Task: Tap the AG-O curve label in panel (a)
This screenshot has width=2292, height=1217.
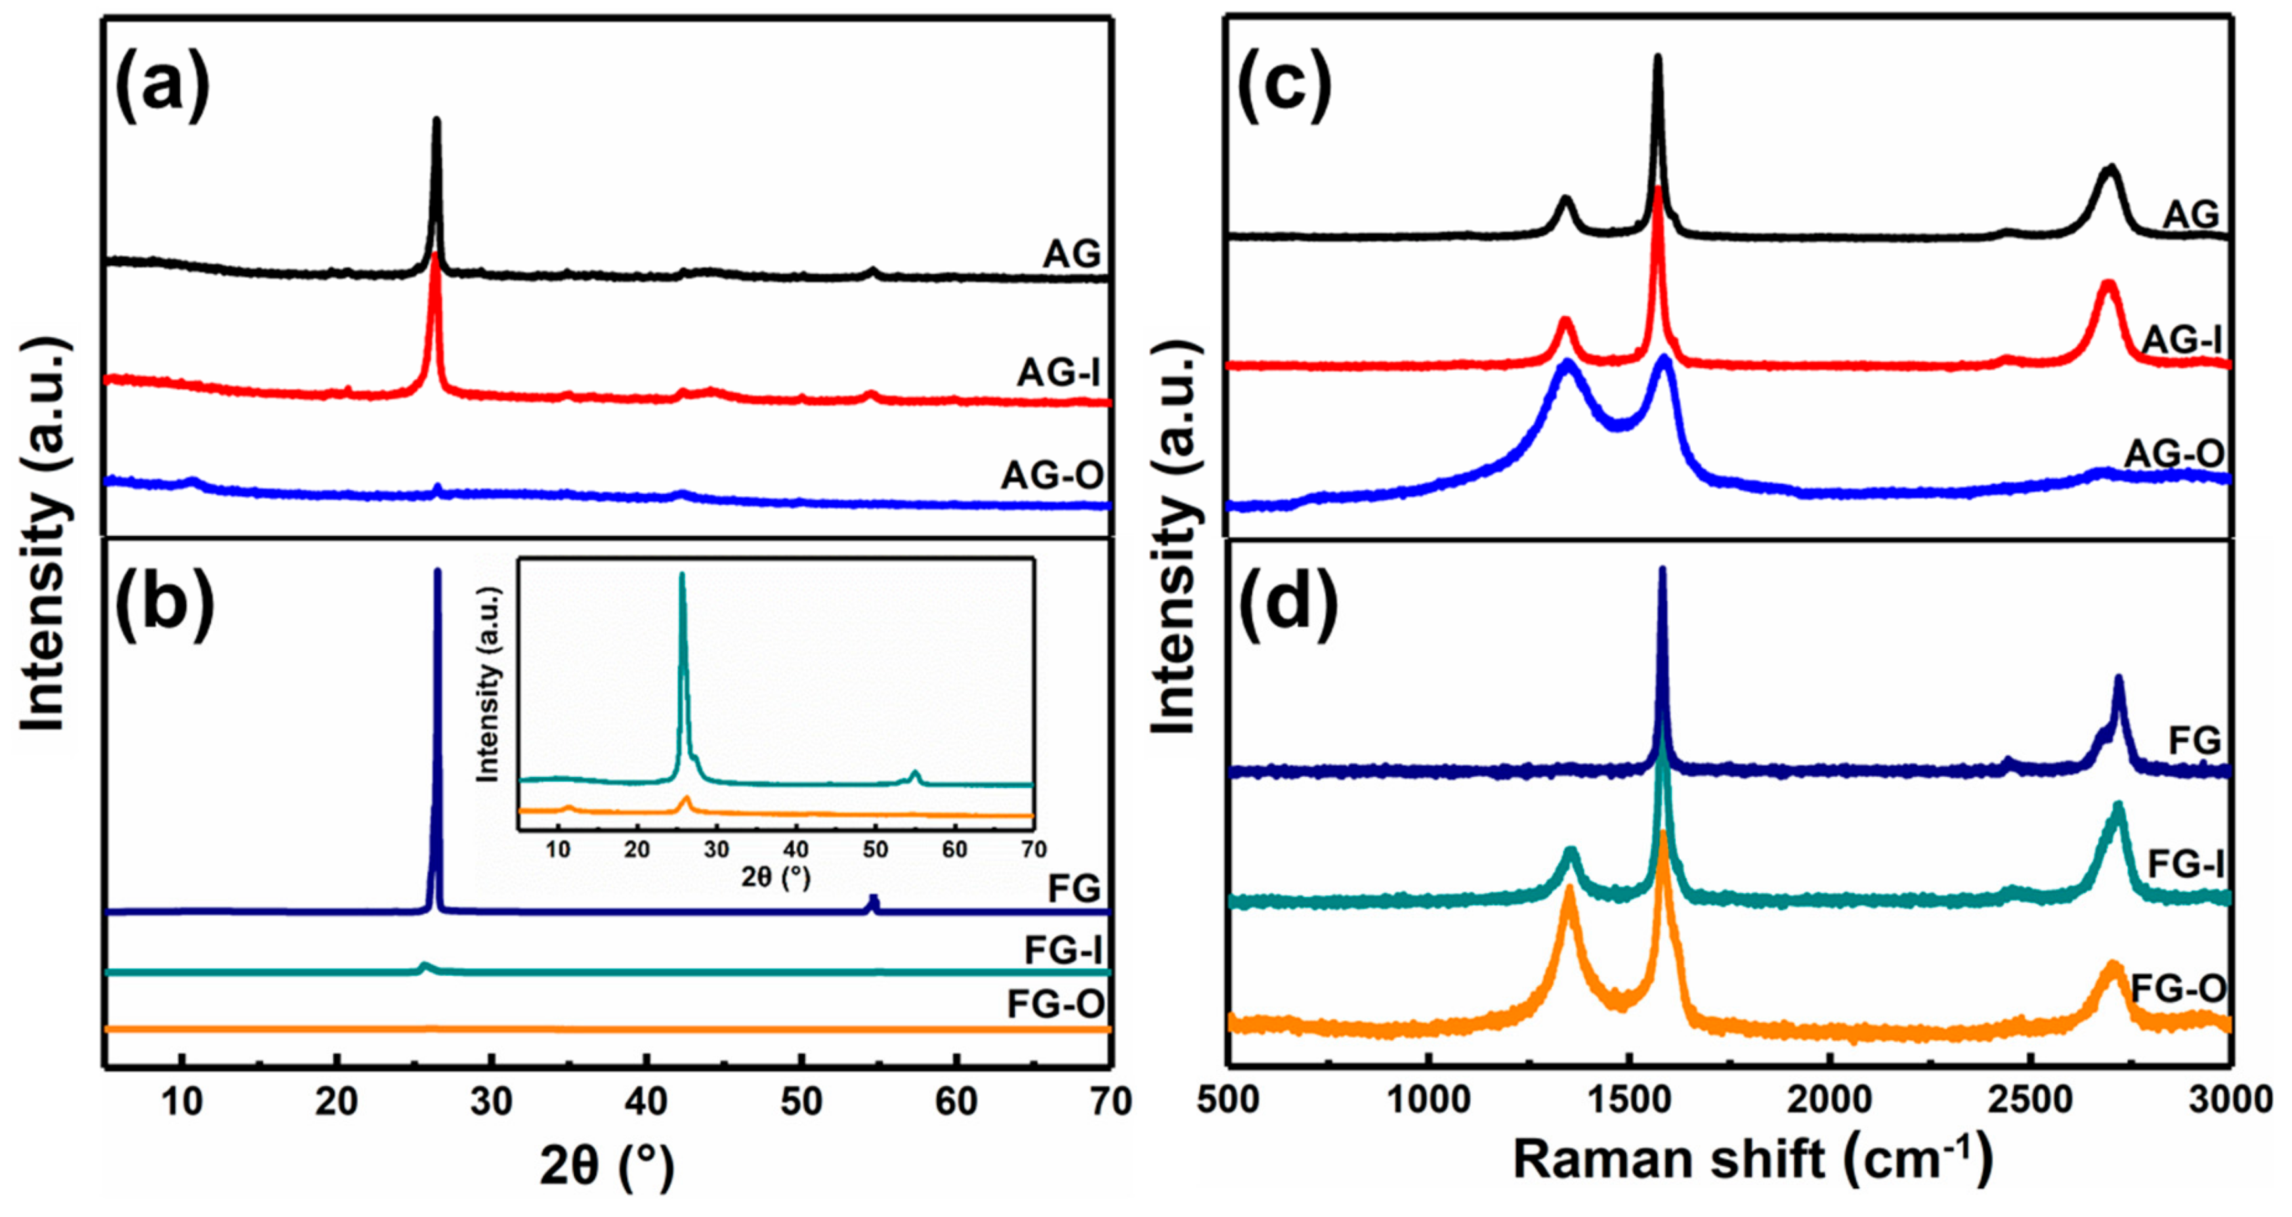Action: point(1053,475)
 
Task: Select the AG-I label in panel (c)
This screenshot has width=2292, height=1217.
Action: point(2182,340)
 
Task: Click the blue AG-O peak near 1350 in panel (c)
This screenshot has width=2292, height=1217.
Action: point(1567,365)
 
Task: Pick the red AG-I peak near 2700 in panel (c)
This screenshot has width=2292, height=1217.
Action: point(2107,285)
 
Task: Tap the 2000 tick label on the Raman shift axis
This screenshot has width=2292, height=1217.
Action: point(1830,1101)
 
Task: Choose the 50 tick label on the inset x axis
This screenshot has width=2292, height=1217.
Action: point(876,849)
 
